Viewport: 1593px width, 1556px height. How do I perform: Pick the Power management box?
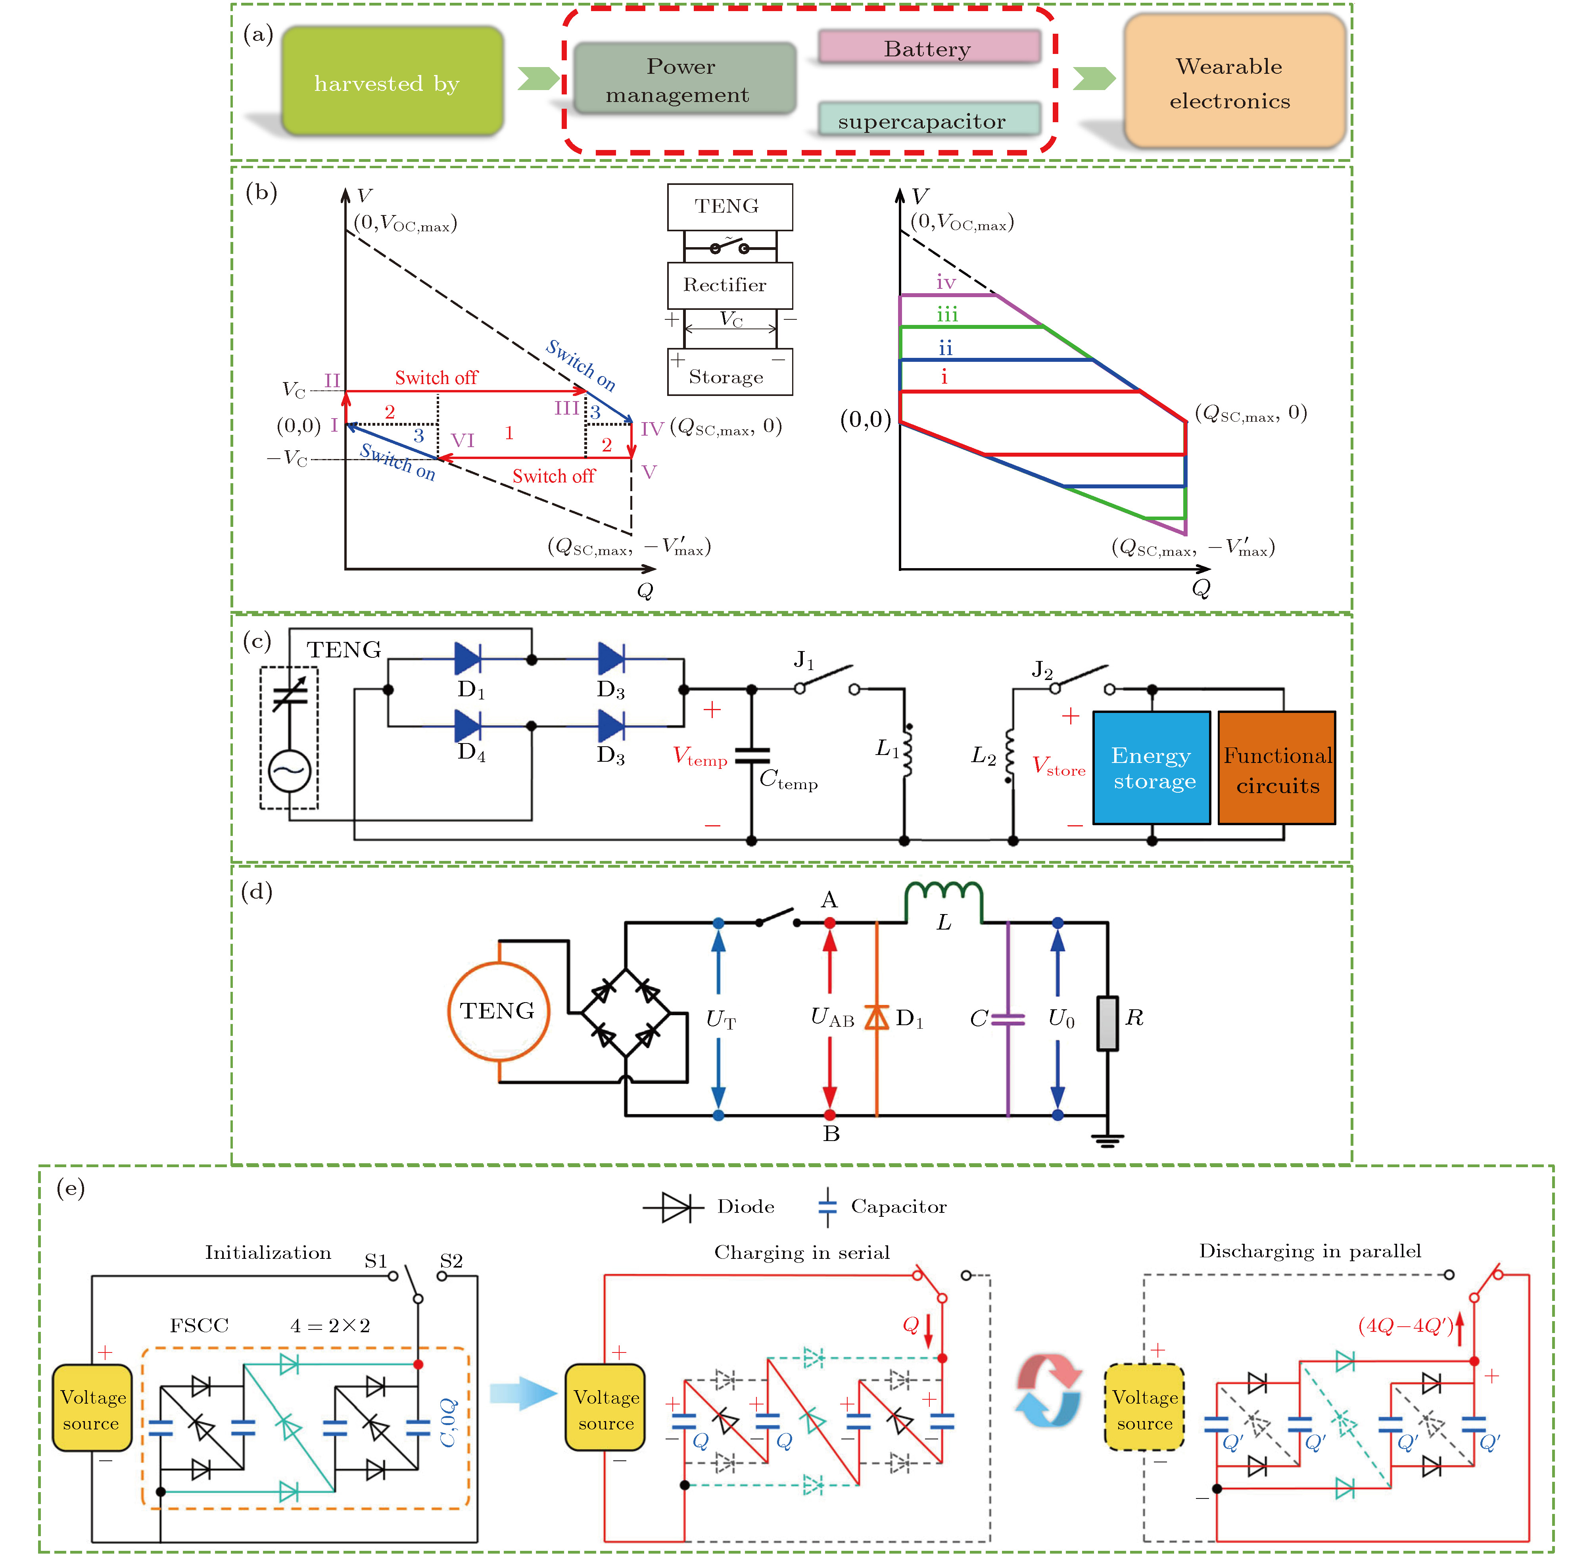(684, 79)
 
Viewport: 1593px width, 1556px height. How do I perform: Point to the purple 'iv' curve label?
(945, 283)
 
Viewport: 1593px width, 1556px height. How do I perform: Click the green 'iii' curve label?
(947, 315)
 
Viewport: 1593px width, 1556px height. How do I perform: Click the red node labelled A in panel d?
(830, 923)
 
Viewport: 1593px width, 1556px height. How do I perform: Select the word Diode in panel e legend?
(745, 1206)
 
